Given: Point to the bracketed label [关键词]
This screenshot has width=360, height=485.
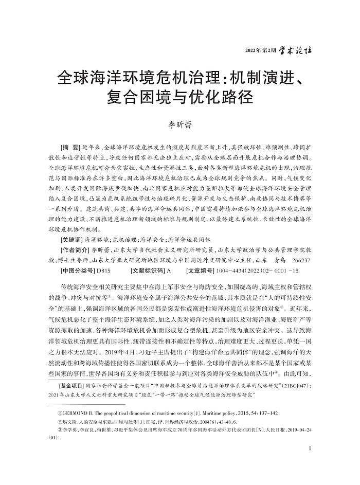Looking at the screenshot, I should point(72,240).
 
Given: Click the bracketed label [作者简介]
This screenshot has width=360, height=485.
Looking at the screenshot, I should point(75,250).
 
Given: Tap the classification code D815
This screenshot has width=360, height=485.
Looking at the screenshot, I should point(103,270).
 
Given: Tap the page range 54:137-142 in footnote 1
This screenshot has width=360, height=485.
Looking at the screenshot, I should point(262,414).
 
